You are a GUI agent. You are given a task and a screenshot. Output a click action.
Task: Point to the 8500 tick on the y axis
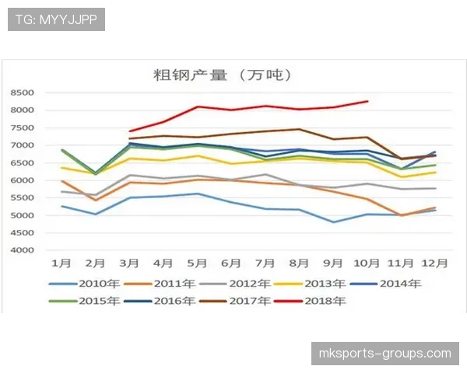[22, 92]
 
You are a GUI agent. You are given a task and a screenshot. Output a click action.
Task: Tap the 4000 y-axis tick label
[22, 250]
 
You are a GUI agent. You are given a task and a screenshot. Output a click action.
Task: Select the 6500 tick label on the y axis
[22, 162]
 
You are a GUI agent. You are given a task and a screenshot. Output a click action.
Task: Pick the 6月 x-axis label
[231, 264]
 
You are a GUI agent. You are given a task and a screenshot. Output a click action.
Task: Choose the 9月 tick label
[333, 264]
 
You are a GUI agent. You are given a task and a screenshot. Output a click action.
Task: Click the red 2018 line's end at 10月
[367, 101]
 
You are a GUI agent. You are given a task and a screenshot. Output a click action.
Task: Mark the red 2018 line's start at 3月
[130, 131]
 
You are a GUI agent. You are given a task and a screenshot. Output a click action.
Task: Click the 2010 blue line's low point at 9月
[333, 222]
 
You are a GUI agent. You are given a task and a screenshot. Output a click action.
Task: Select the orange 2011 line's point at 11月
[401, 215]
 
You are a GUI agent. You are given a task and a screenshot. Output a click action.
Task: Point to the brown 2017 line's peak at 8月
[299, 129]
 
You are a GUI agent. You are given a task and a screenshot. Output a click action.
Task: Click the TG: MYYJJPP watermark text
[56, 19]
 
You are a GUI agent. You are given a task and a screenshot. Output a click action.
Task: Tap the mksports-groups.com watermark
[385, 354]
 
